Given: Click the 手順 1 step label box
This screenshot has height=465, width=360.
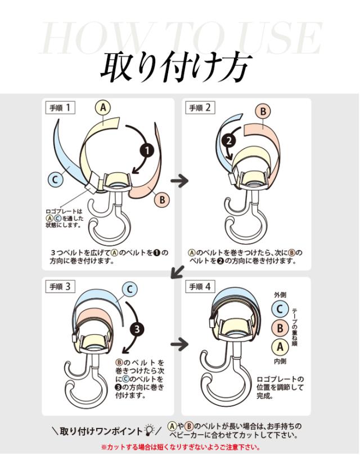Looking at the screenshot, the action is pyautogui.click(x=60, y=108).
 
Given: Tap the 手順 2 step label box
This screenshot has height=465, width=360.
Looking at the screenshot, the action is pyautogui.click(x=200, y=108).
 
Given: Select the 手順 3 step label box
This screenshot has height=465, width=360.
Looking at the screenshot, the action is pyautogui.click(x=60, y=287).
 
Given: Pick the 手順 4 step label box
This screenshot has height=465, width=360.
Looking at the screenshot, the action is pyautogui.click(x=200, y=287).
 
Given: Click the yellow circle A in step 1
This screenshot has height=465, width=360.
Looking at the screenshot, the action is pyautogui.click(x=103, y=108).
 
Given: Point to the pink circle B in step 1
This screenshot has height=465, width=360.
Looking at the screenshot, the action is pyautogui.click(x=162, y=200).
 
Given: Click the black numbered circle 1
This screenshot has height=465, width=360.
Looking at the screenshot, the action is pyautogui.click(x=147, y=151).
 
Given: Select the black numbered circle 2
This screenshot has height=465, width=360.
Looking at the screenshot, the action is pyautogui.click(x=229, y=141).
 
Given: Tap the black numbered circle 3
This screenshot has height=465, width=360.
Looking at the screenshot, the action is pyautogui.click(x=137, y=329).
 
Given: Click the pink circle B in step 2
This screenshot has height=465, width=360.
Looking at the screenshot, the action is pyautogui.click(x=263, y=111).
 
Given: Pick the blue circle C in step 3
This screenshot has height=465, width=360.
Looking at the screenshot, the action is pyautogui.click(x=130, y=289).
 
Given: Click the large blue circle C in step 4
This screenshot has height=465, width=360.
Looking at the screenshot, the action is pyautogui.click(x=280, y=309).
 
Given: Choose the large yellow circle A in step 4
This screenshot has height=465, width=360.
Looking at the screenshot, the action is pyautogui.click(x=280, y=347).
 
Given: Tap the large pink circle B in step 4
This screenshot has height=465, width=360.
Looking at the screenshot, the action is pyautogui.click(x=280, y=328).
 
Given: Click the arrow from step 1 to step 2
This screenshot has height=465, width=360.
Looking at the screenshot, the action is pyautogui.click(x=179, y=181).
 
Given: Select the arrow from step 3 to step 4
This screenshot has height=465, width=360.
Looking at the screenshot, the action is pyautogui.click(x=179, y=344).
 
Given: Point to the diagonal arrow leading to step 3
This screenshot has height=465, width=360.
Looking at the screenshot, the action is pyautogui.click(x=178, y=272).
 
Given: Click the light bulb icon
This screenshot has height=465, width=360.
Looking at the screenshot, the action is pyautogui.click(x=148, y=430).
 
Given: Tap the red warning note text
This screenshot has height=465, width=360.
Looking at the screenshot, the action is pyautogui.click(x=181, y=447).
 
